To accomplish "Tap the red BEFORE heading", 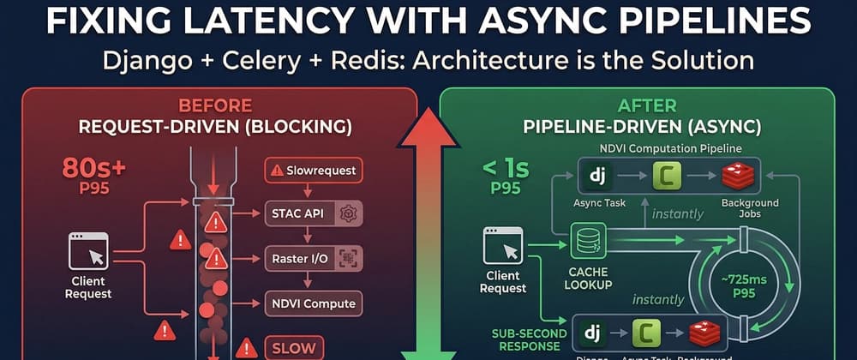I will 214,106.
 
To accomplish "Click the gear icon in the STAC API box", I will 348,213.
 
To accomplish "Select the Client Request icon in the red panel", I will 89,252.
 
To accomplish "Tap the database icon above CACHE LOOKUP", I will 588,242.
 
